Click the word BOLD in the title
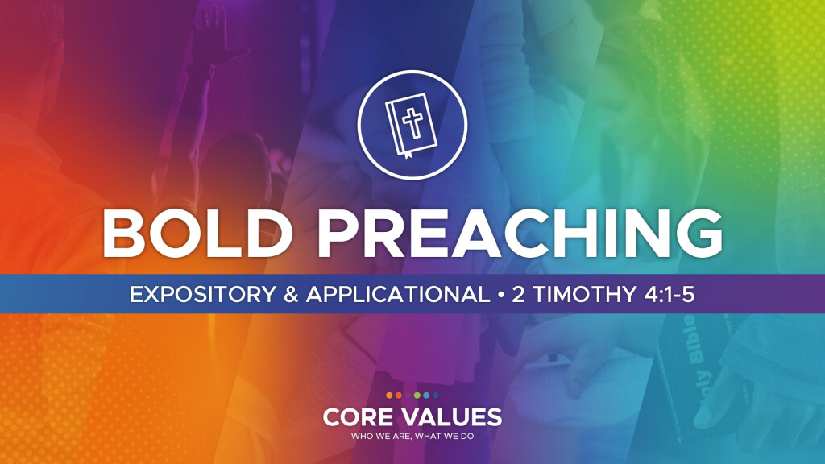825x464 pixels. point(197,234)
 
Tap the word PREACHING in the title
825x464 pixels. point(520,234)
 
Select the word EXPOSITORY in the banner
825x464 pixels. point(202,294)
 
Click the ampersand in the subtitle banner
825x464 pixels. point(291,294)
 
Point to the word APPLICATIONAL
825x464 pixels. point(398,294)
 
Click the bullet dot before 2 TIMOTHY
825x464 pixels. point(501,295)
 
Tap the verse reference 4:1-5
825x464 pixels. point(670,294)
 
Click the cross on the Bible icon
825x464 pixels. point(412,122)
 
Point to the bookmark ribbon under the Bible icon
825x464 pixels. point(408,154)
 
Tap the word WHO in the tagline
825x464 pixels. point(360,436)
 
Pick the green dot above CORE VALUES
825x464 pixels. point(417,395)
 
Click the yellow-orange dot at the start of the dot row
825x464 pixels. point(389,395)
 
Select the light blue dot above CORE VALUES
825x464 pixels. point(426,395)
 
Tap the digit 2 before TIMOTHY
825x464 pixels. point(518,294)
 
